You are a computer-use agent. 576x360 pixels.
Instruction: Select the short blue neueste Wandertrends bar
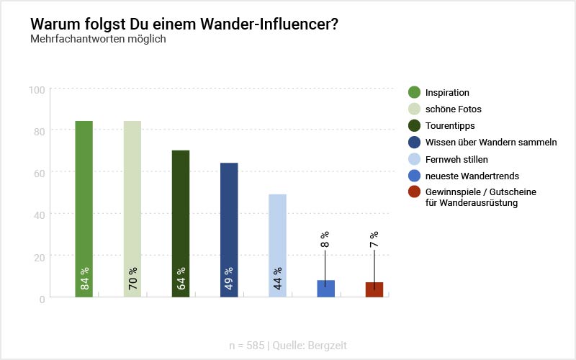coord(325,289)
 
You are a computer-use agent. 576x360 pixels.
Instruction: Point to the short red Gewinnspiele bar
coord(374,289)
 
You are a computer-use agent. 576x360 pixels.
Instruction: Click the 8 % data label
coord(325,240)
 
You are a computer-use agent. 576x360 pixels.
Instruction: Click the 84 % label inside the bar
coord(84,283)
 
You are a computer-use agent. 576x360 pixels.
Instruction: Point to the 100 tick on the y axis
coord(37,89)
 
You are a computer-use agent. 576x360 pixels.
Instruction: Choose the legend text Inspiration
coord(447,93)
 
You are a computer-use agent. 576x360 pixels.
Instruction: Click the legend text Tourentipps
coord(449,126)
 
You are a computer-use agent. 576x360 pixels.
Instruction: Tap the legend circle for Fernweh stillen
coord(414,159)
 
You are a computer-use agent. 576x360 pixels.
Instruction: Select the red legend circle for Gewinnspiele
coord(414,192)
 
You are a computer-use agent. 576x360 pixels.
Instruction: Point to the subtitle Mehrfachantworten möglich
coord(98,39)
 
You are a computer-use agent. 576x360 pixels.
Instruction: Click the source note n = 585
coord(246,346)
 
